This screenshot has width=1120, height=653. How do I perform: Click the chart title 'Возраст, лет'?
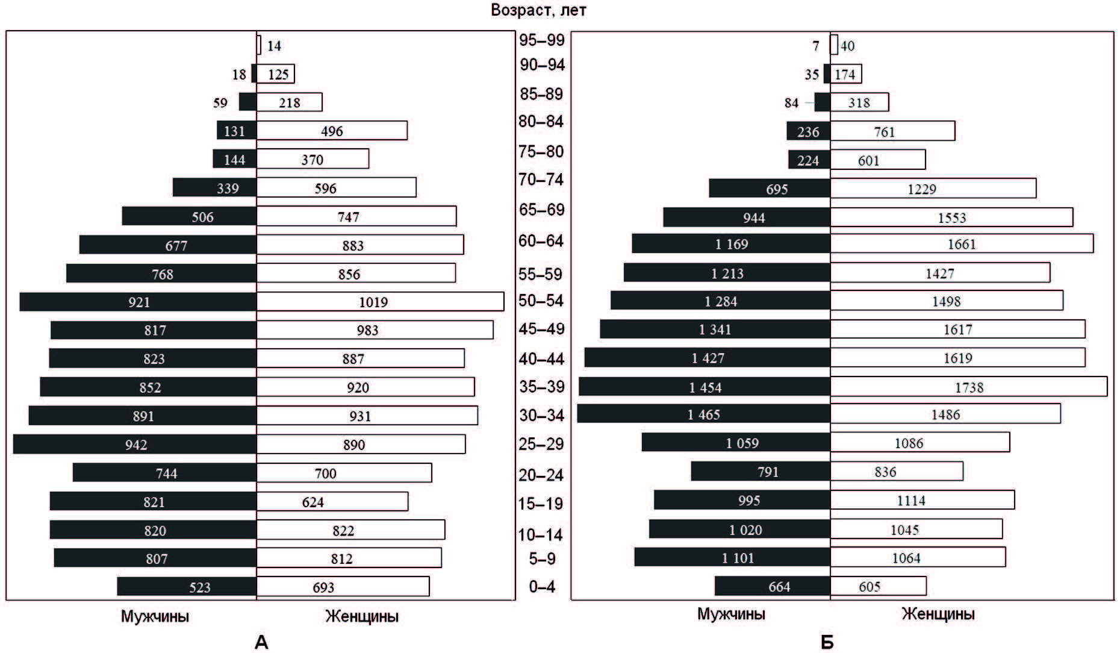538,10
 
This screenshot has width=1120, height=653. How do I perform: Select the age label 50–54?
541,300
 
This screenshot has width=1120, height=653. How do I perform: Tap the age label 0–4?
542,587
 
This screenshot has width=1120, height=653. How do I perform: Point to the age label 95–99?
542,40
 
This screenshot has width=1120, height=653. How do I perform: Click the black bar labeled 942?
135,445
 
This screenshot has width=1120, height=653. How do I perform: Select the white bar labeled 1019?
380,302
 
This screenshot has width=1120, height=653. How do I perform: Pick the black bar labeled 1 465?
703,414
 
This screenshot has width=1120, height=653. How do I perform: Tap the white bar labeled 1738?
968,387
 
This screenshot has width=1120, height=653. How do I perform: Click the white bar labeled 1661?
961,244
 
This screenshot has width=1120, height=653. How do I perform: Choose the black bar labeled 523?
187,587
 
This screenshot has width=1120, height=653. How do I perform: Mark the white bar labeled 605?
878,586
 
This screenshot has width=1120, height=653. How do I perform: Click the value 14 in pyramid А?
274,46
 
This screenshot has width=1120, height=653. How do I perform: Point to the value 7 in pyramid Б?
816,46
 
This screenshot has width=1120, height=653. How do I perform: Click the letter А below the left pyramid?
261,642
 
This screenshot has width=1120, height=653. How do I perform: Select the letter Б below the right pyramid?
827,642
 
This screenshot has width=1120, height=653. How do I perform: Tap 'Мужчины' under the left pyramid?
155,616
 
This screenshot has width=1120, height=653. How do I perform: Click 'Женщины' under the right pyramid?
938,614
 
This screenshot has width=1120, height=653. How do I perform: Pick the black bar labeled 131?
237,131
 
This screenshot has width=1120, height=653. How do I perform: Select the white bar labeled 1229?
933,189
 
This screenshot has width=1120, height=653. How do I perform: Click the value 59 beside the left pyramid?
220,103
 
